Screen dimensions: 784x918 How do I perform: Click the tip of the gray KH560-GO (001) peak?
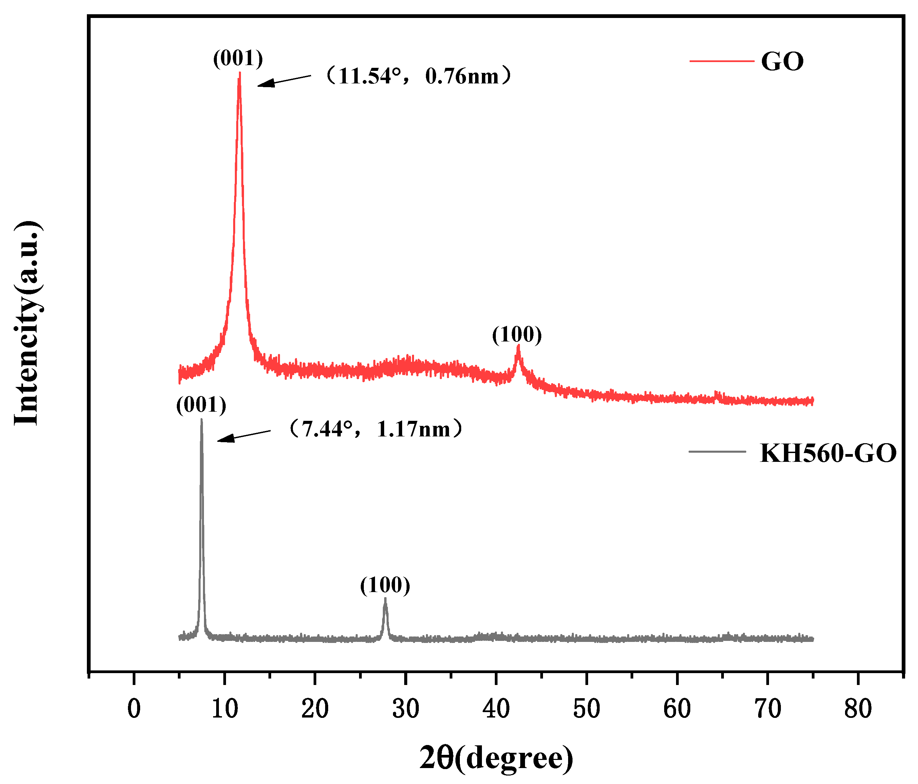pos(202,420)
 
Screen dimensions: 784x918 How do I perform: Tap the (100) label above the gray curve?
pos(385,585)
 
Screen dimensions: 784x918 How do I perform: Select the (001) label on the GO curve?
pos(238,58)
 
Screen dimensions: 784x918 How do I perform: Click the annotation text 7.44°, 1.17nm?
pos(376,429)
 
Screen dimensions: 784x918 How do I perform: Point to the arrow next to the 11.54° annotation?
pos(284,81)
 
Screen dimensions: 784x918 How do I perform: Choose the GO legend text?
pos(782,61)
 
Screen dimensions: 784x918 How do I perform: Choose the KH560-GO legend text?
pos(828,453)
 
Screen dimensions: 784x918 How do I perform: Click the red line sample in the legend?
pos(721,61)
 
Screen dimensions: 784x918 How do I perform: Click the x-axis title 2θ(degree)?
pos(496,758)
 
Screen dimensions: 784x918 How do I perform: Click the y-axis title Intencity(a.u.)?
pos(27,323)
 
